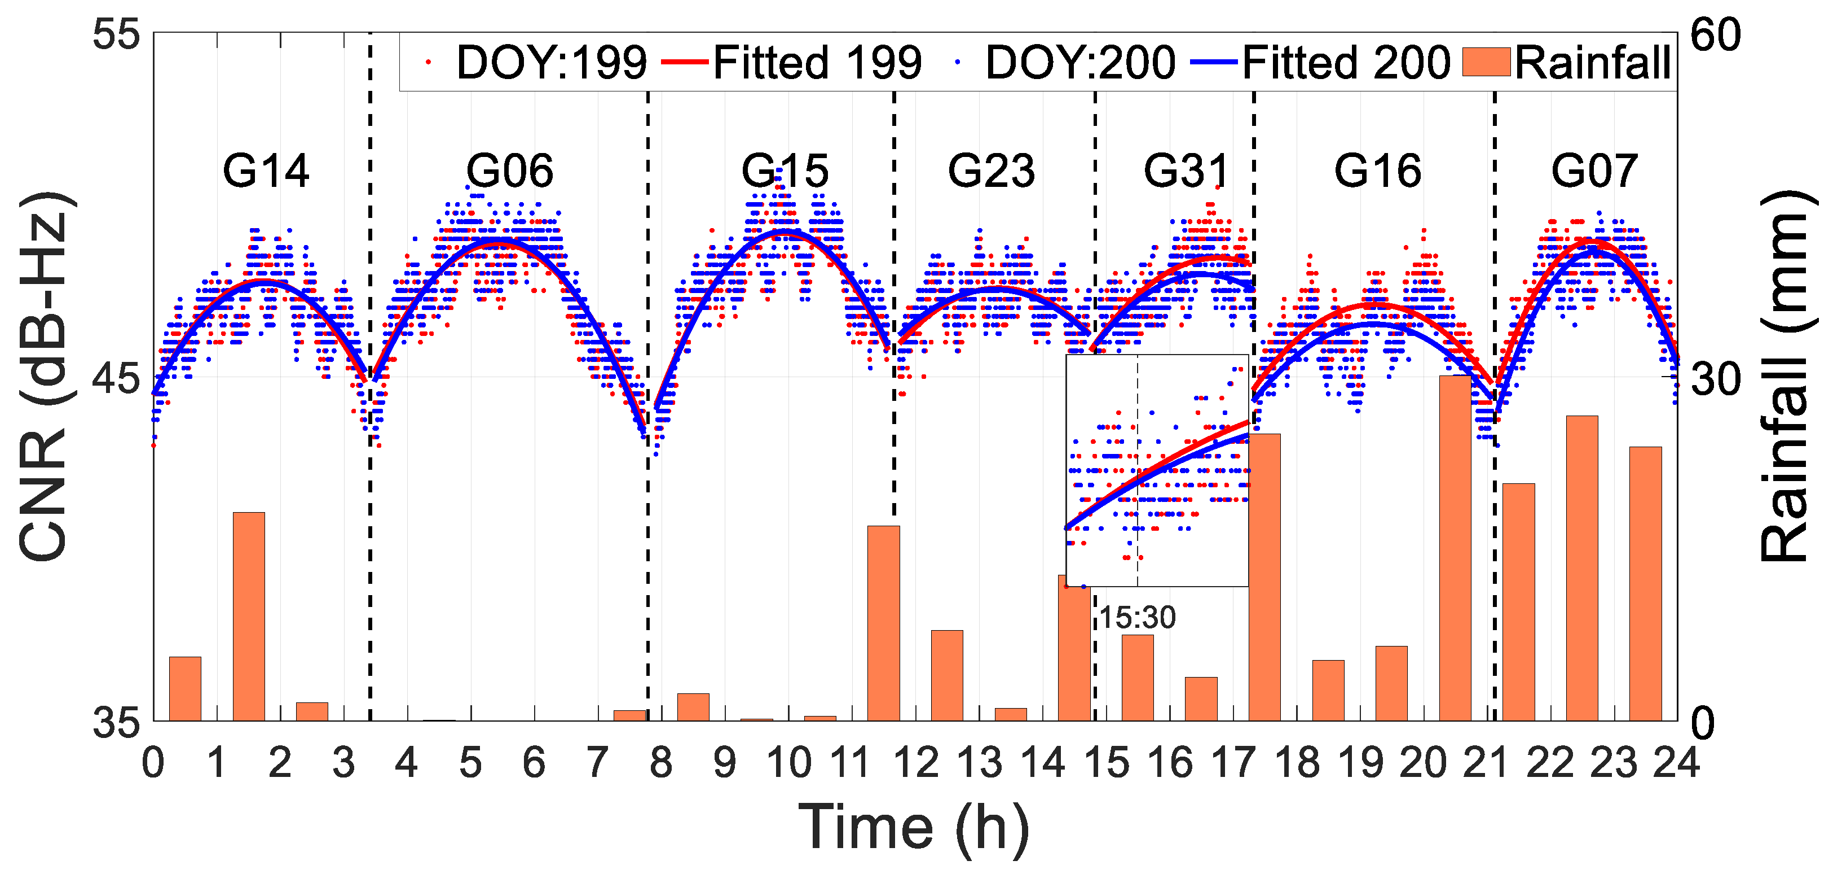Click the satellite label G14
tap(266, 172)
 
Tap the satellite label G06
tap(509, 172)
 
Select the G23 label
tap(990, 172)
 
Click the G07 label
tap(1594, 172)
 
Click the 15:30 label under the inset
tap(1137, 617)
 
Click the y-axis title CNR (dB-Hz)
tap(43, 377)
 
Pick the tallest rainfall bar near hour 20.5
tap(1455, 548)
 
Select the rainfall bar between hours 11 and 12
tap(883, 623)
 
